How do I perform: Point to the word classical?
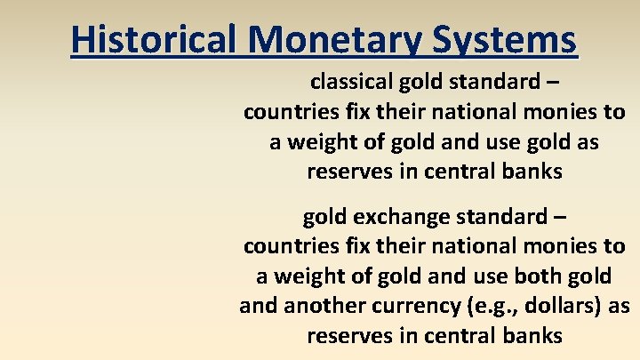[348, 84]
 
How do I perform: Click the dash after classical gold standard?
[553, 84]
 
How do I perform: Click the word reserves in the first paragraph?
[348, 172]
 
